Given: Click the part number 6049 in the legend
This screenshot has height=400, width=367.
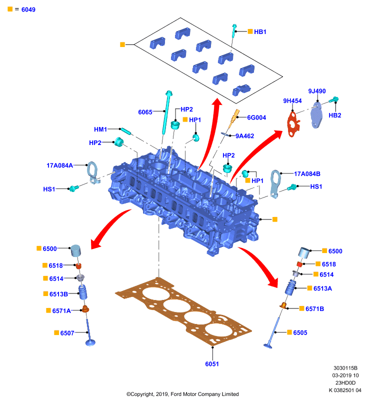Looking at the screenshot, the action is (x=28, y=9).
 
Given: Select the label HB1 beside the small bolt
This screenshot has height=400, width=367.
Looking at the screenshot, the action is (x=260, y=31).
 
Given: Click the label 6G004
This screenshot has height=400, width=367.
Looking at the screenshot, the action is (x=256, y=117).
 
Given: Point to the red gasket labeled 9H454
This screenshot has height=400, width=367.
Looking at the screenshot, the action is (x=293, y=125).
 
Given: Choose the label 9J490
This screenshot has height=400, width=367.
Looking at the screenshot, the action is (x=317, y=91).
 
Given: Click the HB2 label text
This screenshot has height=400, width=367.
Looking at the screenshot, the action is (x=335, y=115).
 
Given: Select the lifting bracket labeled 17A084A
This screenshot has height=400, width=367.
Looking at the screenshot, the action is (x=92, y=171).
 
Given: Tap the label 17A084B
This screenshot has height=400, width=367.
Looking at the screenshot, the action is (x=307, y=174).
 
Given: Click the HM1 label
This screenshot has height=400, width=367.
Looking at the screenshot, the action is (x=100, y=129).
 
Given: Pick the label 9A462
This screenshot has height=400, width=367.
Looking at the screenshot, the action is (x=245, y=136).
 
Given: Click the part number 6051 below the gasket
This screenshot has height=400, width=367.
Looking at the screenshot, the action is (x=212, y=364).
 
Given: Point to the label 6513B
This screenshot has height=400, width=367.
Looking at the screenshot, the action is (x=58, y=294).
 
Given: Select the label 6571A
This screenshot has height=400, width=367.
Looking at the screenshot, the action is (x=61, y=310).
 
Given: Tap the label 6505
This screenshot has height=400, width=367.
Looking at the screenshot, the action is (x=300, y=332).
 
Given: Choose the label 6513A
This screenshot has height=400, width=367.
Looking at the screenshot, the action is (x=322, y=288).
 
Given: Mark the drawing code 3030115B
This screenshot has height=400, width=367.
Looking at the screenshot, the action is (x=345, y=368).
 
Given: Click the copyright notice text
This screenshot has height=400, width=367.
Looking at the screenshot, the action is (x=182, y=394).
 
